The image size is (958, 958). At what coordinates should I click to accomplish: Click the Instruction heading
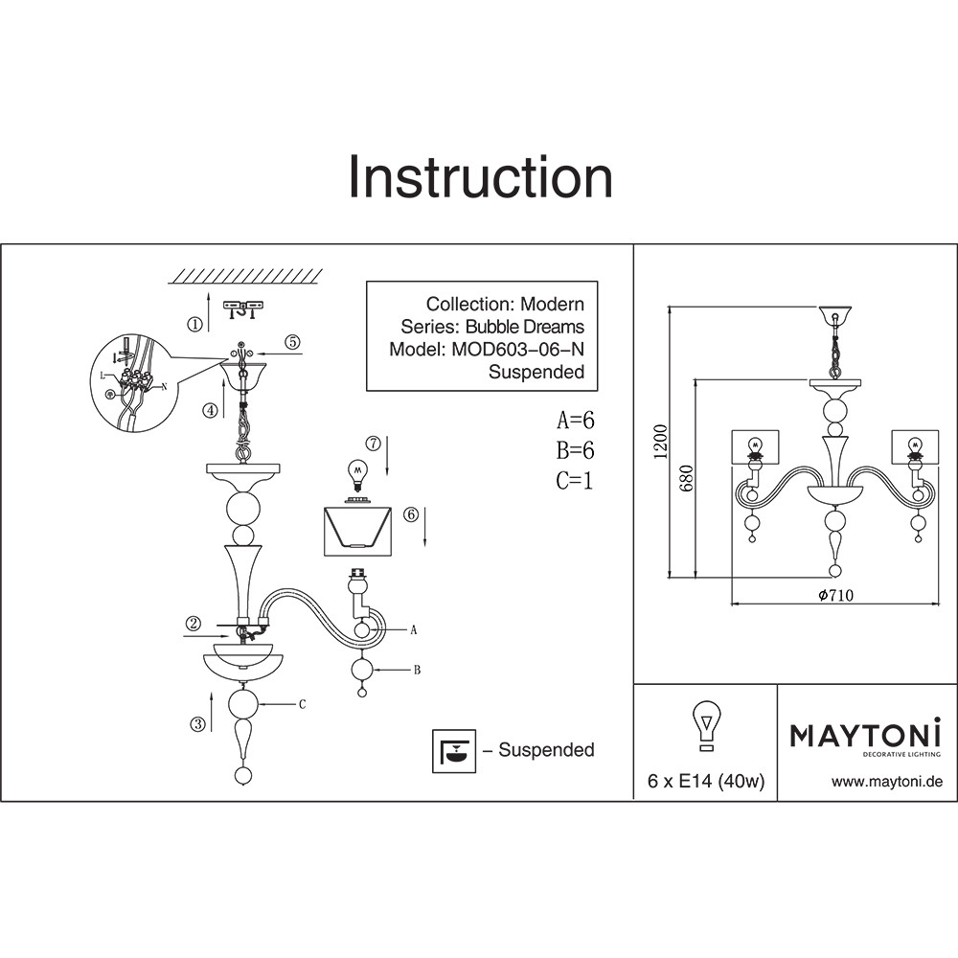click(x=480, y=178)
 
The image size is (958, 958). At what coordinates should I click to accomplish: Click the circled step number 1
click(x=195, y=324)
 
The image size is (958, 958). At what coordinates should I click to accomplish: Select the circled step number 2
click(x=194, y=624)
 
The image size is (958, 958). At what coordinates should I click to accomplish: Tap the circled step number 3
click(x=197, y=724)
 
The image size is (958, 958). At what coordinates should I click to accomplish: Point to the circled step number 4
click(x=210, y=411)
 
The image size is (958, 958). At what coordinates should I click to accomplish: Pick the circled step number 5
click(x=292, y=341)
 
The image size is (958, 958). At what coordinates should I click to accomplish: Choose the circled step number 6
click(x=410, y=514)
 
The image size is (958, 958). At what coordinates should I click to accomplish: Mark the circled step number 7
click(x=373, y=444)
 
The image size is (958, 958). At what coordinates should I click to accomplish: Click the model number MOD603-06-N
click(x=515, y=350)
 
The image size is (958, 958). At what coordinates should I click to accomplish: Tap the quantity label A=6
click(x=576, y=420)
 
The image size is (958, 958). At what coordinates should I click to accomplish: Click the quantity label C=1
click(x=575, y=481)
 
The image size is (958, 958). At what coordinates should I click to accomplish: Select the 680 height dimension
click(x=687, y=479)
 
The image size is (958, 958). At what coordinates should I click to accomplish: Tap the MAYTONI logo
click(x=865, y=736)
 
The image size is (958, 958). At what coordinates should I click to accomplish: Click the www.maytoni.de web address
click(x=887, y=782)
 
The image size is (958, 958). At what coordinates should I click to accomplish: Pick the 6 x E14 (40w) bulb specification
click(x=705, y=782)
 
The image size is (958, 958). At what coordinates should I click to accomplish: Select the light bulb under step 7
click(x=358, y=475)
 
